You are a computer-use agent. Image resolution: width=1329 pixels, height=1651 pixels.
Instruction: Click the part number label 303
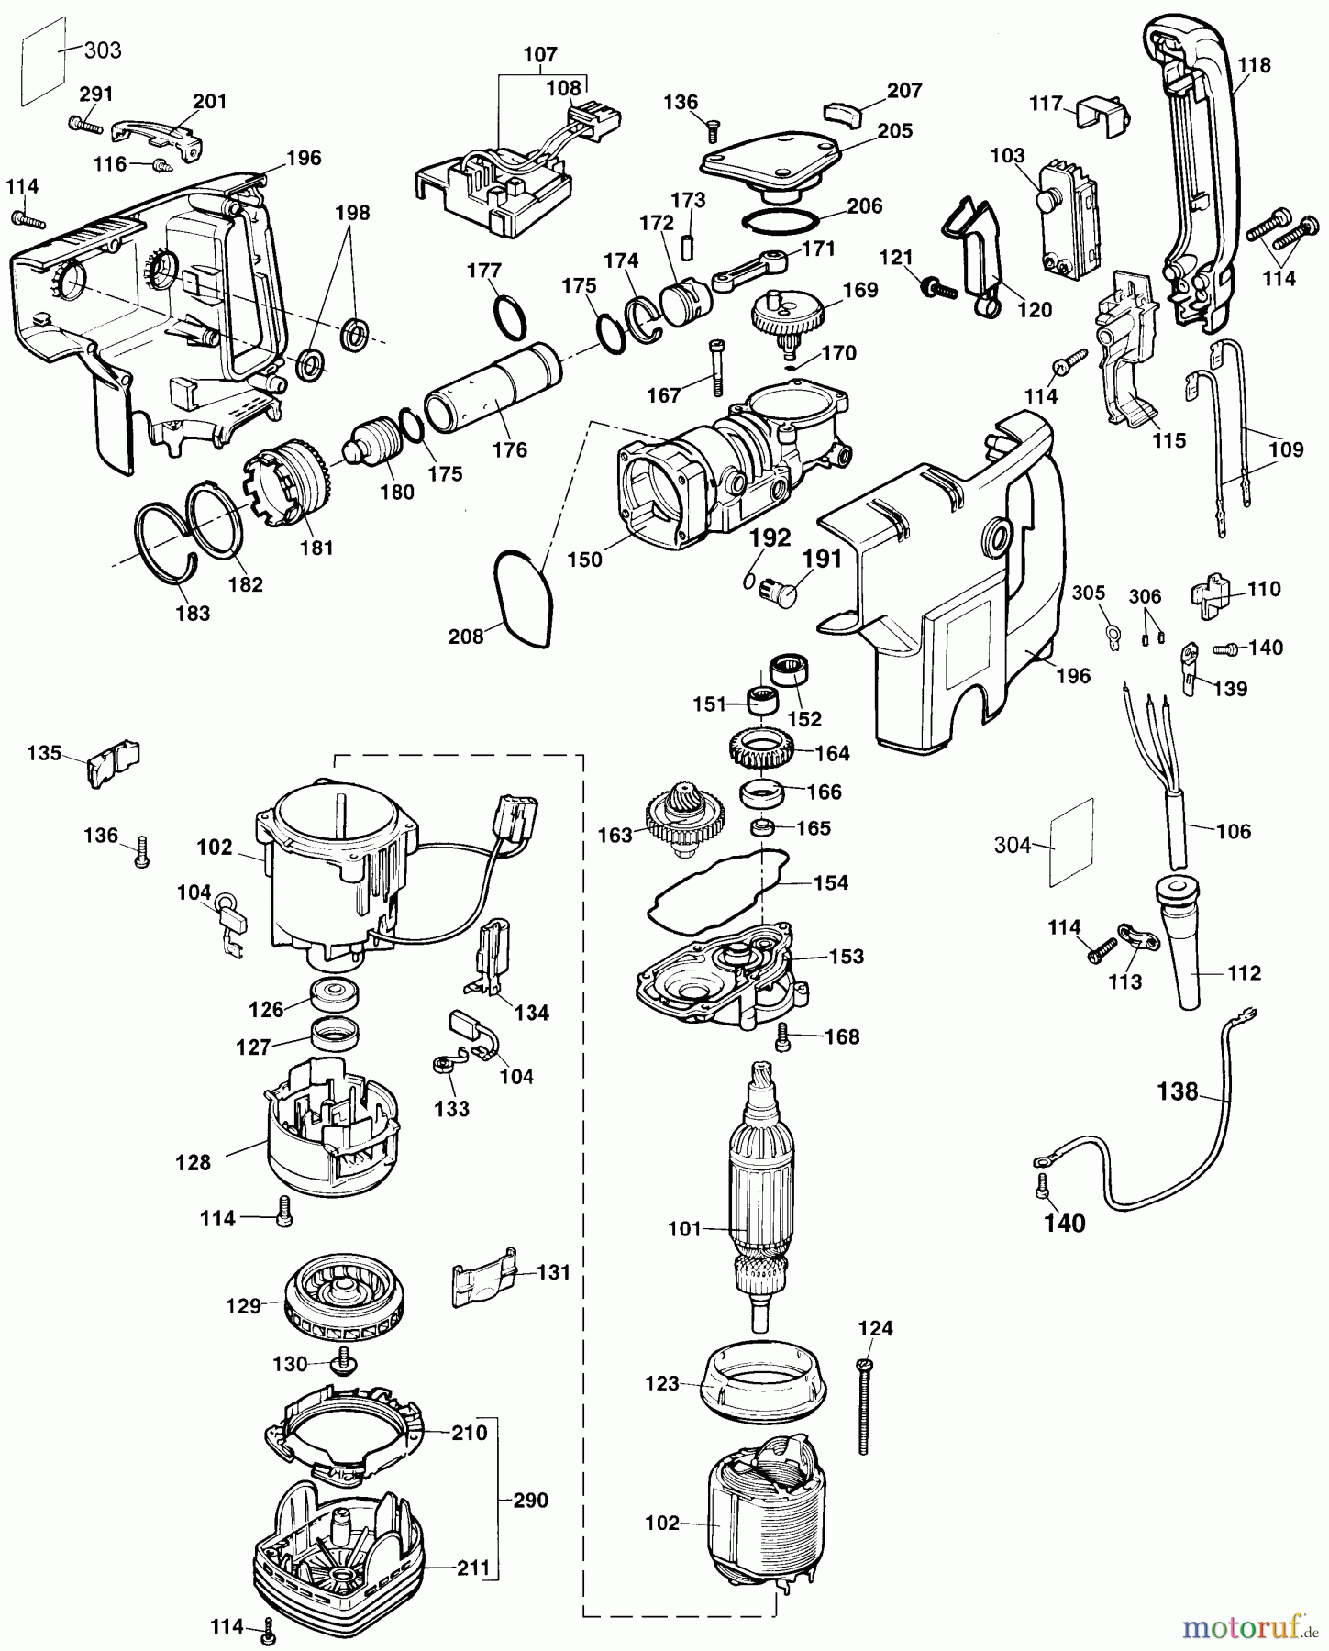[103, 50]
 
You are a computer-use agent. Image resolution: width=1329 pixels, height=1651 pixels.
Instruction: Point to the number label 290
[530, 1500]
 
